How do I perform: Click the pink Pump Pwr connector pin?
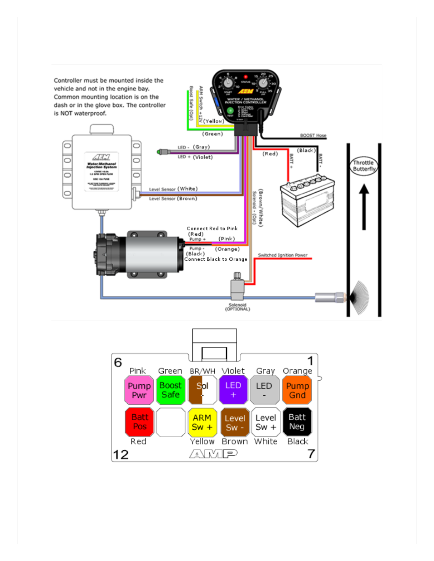(139, 390)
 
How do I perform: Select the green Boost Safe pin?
(171, 390)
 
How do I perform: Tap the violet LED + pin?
(233, 390)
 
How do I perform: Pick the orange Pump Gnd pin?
(297, 390)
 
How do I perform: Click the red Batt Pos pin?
(139, 422)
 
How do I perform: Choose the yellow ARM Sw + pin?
(202, 422)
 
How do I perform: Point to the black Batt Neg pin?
(297, 422)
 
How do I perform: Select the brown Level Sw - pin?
(235, 422)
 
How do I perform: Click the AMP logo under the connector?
(213, 454)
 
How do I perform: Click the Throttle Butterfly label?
(364, 166)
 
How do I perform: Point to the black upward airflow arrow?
(364, 207)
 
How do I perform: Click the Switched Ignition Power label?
(283, 255)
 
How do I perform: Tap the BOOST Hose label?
(313, 135)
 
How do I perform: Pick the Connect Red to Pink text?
(212, 228)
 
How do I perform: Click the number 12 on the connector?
(121, 455)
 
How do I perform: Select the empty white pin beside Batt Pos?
(171, 422)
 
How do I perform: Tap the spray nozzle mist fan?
(359, 297)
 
